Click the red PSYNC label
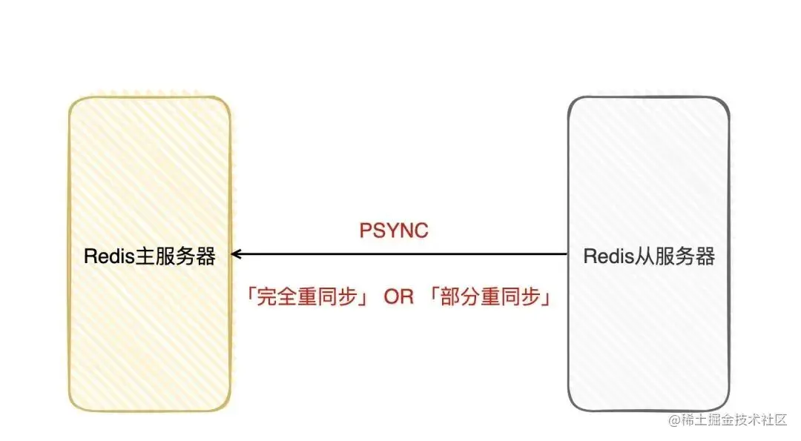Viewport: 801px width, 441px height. click(x=394, y=231)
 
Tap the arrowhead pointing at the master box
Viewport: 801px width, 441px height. click(x=234, y=254)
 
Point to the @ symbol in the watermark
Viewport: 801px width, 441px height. click(x=674, y=420)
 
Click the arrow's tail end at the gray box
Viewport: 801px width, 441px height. click(x=567, y=254)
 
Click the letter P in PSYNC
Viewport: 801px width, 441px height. click(x=365, y=231)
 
